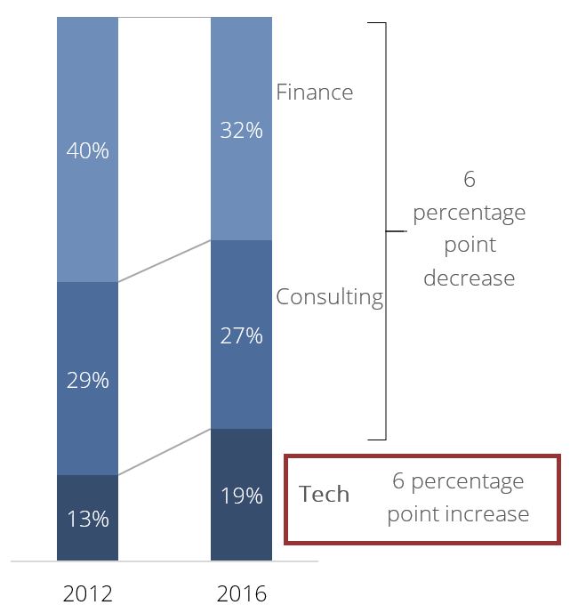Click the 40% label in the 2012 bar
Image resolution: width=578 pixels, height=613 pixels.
pos(87,150)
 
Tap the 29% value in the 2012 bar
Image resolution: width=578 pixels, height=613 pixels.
pos(87,380)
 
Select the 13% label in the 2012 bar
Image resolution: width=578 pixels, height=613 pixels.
pos(87,519)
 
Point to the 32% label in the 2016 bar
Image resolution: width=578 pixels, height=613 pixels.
pos(242,130)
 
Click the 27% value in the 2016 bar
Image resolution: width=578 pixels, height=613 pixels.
pos(242,335)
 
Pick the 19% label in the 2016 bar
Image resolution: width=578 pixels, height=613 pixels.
pos(242,496)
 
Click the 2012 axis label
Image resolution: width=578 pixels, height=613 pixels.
pos(87,593)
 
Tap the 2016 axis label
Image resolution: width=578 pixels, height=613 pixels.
pos(242,593)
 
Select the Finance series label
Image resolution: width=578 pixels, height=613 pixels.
pos(314,93)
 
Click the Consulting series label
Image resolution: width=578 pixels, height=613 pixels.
pos(329,297)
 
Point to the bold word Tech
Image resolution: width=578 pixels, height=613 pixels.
pos(325,495)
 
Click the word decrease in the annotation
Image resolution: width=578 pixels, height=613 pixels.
pos(469,278)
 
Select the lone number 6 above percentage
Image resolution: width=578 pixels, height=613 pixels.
pos(469,180)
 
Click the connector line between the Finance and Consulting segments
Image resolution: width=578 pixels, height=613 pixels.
pos(165,261)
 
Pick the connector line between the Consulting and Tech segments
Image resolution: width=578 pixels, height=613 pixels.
pos(165,452)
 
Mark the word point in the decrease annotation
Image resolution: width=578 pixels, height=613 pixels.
pos(469,245)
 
